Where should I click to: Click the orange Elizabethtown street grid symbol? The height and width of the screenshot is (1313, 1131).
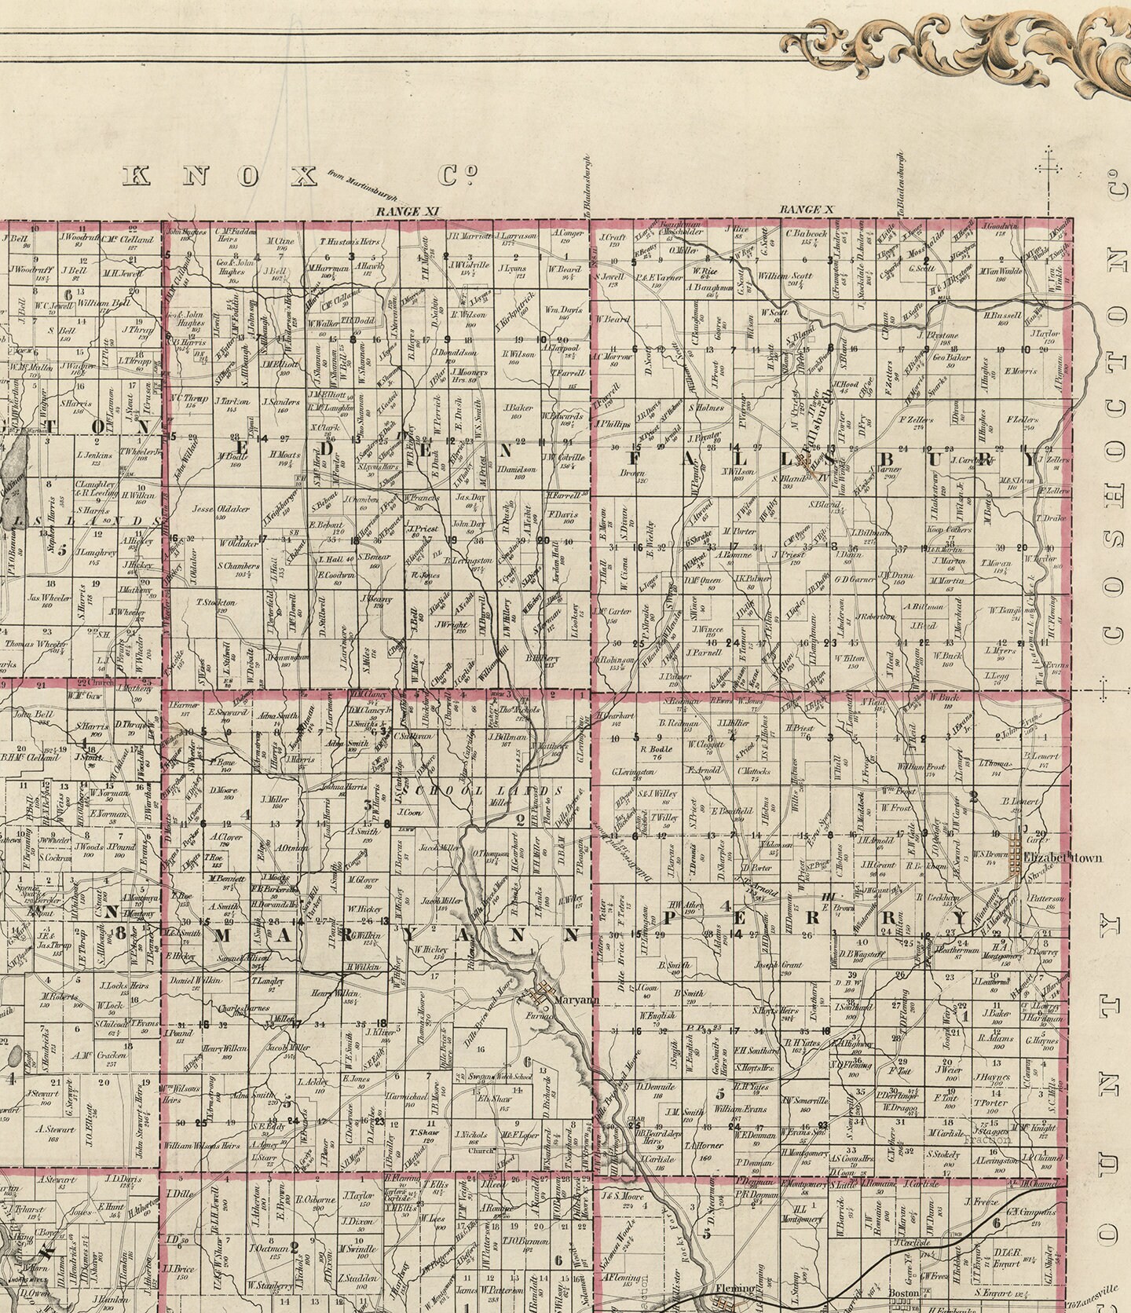[x=1019, y=858]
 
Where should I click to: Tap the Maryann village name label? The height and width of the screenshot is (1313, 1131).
[x=576, y=1000]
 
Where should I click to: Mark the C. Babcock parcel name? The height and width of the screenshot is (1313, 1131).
[x=801, y=232]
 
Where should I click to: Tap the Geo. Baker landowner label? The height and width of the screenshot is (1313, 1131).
[x=952, y=358]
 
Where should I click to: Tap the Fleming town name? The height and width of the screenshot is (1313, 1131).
[x=740, y=1289]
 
